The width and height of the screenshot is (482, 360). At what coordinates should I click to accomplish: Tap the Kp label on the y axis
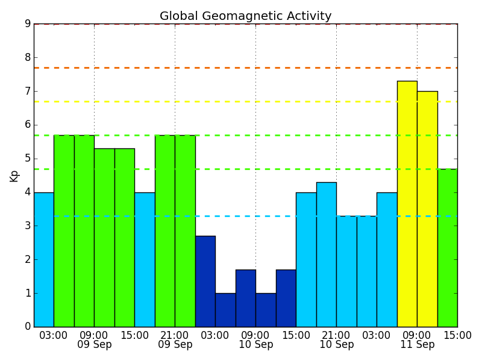14,176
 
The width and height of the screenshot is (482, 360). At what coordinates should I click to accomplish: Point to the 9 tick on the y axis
28,24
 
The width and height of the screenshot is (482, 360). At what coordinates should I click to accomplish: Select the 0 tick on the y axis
28,326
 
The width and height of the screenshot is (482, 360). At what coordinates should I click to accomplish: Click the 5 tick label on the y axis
28,159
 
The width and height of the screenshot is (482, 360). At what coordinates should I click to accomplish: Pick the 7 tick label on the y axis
28,91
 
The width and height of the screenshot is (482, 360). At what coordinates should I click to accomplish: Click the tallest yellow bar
407,204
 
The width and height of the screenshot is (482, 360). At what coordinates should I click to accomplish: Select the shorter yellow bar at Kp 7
427,209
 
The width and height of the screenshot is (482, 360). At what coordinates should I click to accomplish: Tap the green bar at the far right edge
448,248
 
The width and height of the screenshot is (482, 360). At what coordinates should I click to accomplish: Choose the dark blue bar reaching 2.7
205,281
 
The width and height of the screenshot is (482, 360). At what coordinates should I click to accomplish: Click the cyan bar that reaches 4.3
327,254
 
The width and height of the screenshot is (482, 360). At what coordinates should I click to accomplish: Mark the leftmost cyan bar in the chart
44,260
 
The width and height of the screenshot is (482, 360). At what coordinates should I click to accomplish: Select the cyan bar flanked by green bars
145,260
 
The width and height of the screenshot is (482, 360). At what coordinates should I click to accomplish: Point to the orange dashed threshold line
246,68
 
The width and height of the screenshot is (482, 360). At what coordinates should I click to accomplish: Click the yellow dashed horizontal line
246,101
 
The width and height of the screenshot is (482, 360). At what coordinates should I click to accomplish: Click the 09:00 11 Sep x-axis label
417,339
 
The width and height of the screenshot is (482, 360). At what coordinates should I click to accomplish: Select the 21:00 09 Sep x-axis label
175,339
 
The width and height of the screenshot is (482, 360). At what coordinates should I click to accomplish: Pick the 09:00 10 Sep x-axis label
255,339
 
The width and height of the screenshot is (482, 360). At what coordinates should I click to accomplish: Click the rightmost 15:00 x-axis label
457,335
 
